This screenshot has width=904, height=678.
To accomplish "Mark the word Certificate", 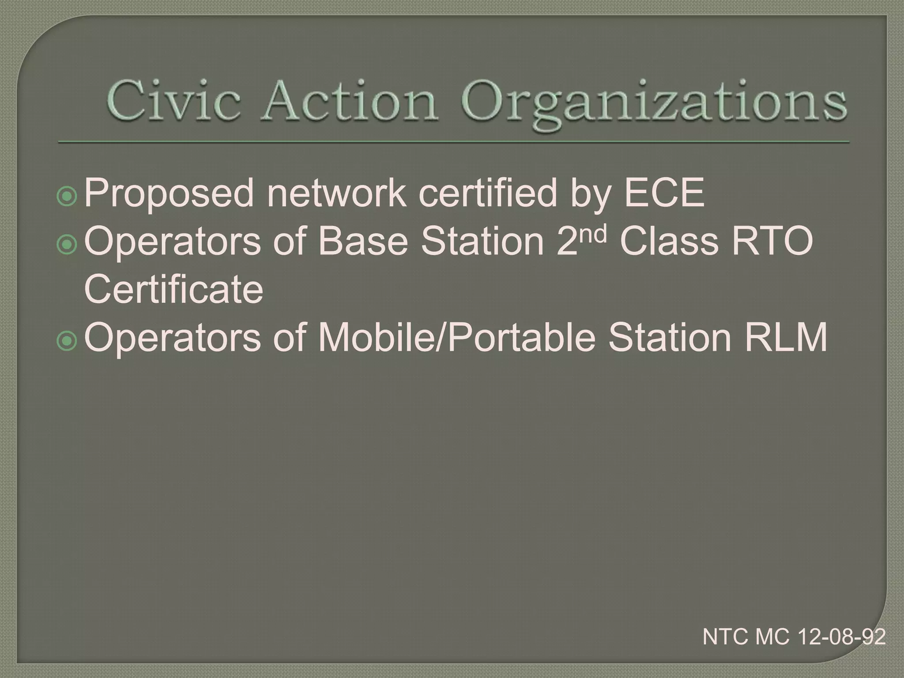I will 173,289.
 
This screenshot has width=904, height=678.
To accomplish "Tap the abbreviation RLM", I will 786,338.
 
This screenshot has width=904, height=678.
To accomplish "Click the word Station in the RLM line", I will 670,338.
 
